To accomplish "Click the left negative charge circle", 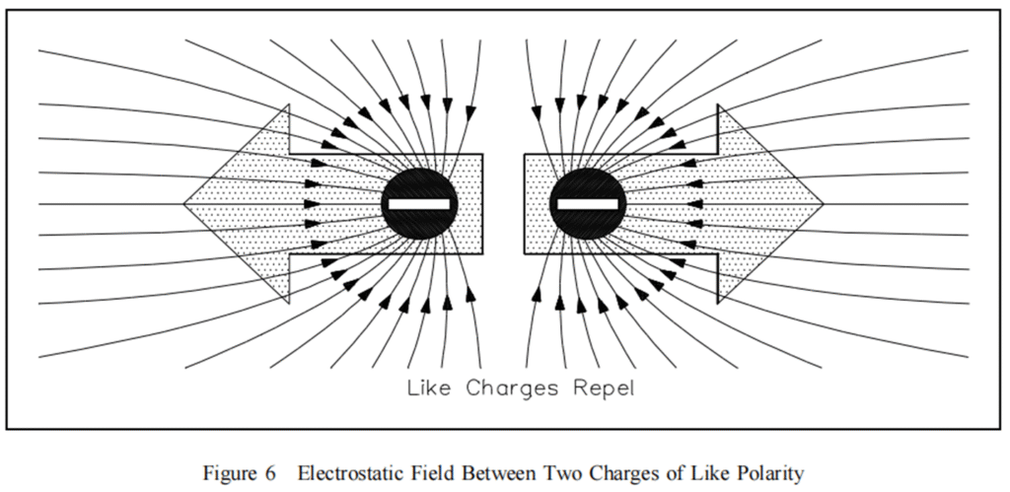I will [420, 204].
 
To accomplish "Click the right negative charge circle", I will [588, 204].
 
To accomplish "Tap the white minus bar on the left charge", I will [420, 204].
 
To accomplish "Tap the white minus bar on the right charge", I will [588, 204].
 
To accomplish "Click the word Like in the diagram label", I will [430, 387].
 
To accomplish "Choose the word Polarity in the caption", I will [770, 473].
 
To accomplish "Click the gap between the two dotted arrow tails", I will [504, 204].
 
